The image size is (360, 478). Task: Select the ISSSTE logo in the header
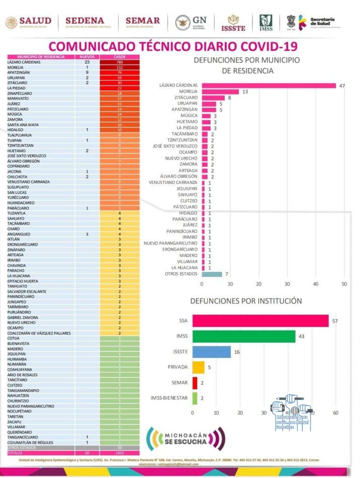coord(233,22)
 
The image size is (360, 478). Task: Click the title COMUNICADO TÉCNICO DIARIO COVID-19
coord(173,47)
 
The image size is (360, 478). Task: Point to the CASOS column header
coord(119,57)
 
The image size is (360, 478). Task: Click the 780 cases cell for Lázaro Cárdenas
coord(119,62)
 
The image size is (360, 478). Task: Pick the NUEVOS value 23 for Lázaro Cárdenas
coord(87,62)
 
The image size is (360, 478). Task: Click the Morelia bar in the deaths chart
coord(220,91)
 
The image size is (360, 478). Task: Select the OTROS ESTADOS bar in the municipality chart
coord(212,274)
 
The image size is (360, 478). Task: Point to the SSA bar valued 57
coord(261,321)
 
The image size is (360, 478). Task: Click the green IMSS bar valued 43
coord(244,337)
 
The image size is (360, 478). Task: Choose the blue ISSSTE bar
coord(212,352)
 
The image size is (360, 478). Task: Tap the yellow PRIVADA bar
coord(199,367)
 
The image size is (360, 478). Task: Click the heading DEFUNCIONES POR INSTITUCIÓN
coord(246,301)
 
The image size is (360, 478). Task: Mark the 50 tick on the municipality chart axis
coord(345,284)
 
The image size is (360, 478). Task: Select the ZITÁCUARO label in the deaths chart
coord(185,98)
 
